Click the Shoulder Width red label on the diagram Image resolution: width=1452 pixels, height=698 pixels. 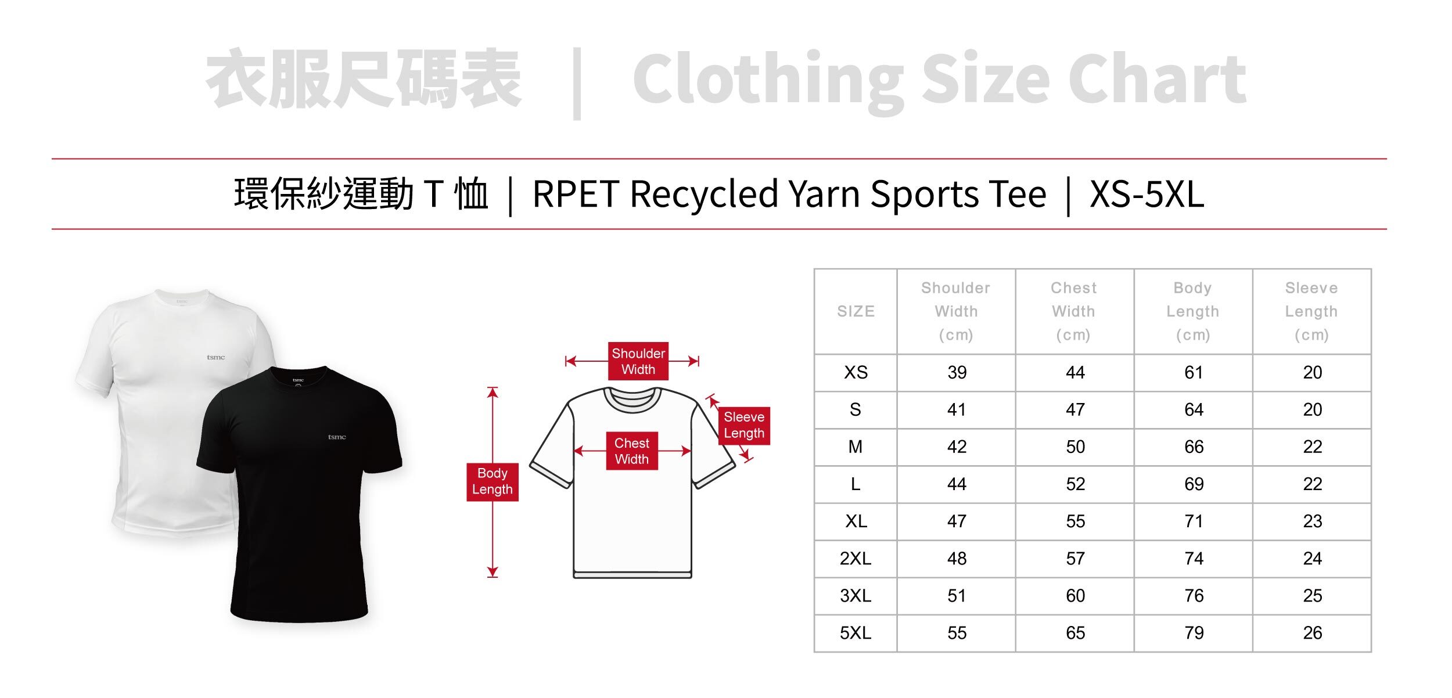tap(638, 361)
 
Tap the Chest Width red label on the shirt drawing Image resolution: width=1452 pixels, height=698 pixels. tap(631, 451)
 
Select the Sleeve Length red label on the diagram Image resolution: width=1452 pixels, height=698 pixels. tap(743, 426)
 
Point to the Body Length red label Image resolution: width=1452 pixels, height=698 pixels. tap(492, 481)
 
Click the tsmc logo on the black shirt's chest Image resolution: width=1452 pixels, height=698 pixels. tap(337, 437)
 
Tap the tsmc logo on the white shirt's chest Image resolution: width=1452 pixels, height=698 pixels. tap(215, 358)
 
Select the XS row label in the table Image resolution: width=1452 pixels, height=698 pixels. tap(856, 373)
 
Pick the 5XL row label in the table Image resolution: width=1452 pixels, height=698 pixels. tap(856, 633)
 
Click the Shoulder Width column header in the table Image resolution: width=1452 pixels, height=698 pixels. tap(955, 311)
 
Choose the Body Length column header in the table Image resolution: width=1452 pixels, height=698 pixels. tap(1192, 311)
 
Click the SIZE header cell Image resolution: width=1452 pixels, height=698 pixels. tap(856, 312)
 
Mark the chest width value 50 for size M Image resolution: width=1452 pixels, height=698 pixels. tap(1075, 447)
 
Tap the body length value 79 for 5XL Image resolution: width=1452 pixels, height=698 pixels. tap(1194, 633)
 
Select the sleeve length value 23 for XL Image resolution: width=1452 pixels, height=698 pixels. tap(1312, 521)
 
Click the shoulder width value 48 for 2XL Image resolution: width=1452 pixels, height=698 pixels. tap(957, 559)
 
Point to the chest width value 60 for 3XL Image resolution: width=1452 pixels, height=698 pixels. tap(1075, 596)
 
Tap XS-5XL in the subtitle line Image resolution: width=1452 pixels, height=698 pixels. tap(1146, 194)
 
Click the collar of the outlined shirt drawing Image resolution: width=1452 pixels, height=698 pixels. tap(632, 400)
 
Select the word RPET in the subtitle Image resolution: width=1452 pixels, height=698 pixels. tap(575, 194)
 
